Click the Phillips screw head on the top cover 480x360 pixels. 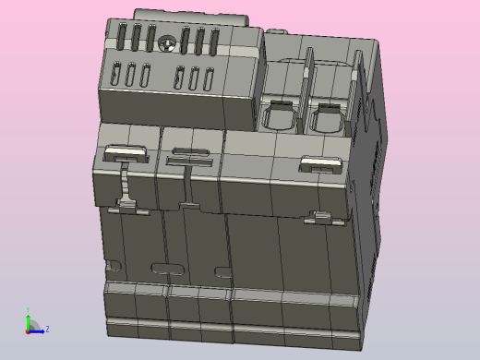(167, 42)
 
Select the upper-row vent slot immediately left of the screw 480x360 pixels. (150, 38)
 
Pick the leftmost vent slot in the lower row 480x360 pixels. (115, 74)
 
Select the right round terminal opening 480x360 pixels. (326, 118)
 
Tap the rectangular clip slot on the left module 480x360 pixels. (126, 153)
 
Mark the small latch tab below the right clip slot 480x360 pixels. (321, 218)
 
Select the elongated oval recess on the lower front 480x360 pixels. (167, 270)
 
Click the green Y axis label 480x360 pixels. (28, 311)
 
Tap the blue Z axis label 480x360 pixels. (47, 329)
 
